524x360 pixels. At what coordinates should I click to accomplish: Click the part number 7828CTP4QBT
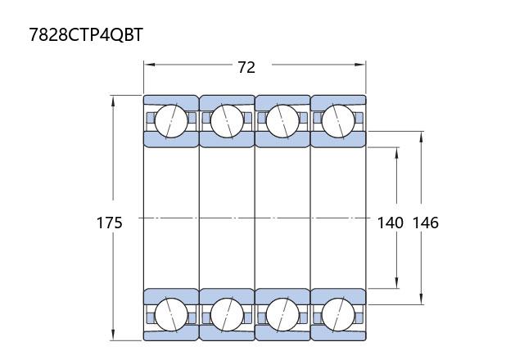(86, 34)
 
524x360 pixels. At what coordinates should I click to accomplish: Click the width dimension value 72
(246, 67)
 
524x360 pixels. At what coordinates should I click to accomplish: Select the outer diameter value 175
(109, 223)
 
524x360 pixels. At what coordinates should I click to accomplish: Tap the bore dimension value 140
(390, 223)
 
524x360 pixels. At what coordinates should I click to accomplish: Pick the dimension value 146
(426, 223)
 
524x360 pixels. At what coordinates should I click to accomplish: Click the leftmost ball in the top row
(171, 121)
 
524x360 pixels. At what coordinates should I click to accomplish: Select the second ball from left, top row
(227, 121)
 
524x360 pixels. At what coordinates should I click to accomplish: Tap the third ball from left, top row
(282, 121)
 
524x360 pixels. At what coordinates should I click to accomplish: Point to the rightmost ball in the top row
(338, 121)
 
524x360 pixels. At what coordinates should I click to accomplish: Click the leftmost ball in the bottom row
(171, 315)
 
